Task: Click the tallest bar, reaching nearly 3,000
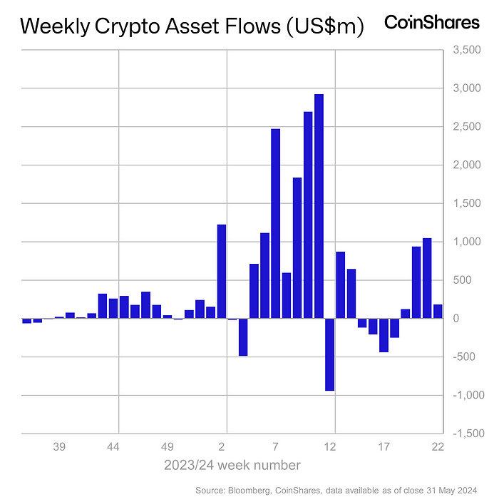[319, 206]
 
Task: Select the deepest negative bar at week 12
[329, 354]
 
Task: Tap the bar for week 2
[221, 271]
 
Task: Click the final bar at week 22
[438, 311]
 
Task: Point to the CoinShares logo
[432, 23]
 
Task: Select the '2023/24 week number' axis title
[232, 466]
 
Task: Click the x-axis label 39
[59, 447]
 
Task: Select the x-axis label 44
[113, 447]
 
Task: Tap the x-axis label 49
[167, 447]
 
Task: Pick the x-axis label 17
[384, 447]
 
